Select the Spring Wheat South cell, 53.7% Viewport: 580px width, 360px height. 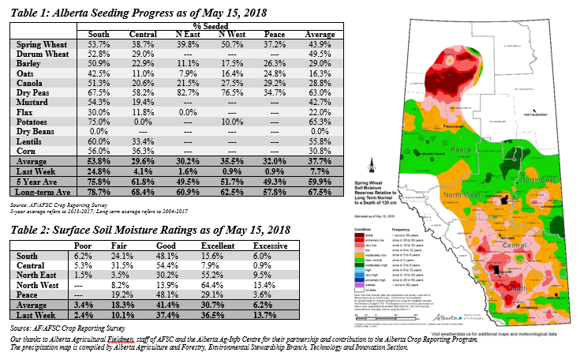coord(99,48)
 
